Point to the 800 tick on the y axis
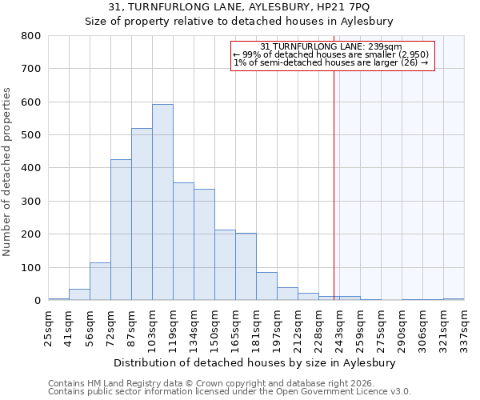tap(31, 36)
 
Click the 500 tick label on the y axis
tap(31, 135)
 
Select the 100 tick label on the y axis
tap(31, 268)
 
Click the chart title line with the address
tap(238, 7)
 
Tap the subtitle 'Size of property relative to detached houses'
tap(238, 22)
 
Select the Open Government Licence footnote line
tap(230, 391)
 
